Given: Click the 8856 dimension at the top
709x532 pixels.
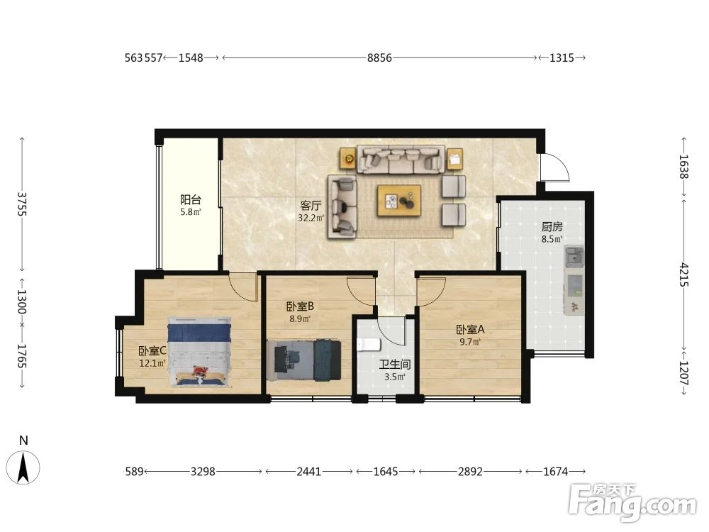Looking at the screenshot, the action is tap(379, 58).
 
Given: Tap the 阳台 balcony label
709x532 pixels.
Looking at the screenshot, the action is tap(190, 199).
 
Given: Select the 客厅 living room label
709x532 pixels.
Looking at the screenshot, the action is tap(311, 206).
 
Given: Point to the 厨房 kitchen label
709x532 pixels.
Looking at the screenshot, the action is tap(552, 227).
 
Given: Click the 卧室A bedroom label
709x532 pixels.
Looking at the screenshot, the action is tap(470, 330).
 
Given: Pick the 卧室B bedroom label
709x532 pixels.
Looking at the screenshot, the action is tap(300, 306).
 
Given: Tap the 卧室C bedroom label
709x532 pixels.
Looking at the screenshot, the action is tap(152, 350).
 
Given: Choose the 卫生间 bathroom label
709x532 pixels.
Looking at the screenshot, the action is tap(395, 364).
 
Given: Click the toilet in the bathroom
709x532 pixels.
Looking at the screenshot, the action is tap(369, 345).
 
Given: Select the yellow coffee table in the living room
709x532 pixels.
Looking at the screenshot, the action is tap(399, 201).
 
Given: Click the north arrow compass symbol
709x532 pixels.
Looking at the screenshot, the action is tap(23, 467).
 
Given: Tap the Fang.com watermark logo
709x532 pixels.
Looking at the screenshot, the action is tap(633, 502).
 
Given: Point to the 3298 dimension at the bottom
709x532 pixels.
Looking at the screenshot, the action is tap(203, 472).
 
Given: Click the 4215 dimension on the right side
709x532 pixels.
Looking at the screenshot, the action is tap(683, 275).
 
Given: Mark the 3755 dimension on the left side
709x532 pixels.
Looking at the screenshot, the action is tap(22, 204).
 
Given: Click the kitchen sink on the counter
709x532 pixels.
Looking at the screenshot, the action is tap(574, 257).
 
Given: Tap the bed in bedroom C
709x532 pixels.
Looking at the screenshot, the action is tap(200, 352).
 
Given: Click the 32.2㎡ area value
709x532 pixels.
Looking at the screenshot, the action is tap(311, 218).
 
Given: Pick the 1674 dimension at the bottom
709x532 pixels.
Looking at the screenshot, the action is tap(555, 472).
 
